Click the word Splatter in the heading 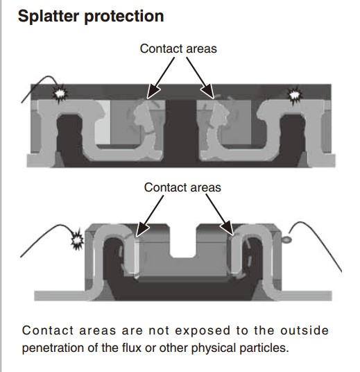(x=49, y=16)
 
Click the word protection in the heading (x=124, y=17)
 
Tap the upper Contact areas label (x=178, y=49)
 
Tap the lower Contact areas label (x=182, y=187)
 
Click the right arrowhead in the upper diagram (x=207, y=91)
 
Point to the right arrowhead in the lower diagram (x=227, y=228)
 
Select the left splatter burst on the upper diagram (x=60, y=94)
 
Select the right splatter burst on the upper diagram (x=295, y=95)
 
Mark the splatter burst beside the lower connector (x=77, y=240)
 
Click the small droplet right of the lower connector (x=286, y=240)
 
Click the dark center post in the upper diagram (x=181, y=132)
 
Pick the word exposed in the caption (x=203, y=331)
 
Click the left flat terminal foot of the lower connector (x=60, y=296)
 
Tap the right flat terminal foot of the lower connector (x=306, y=296)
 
